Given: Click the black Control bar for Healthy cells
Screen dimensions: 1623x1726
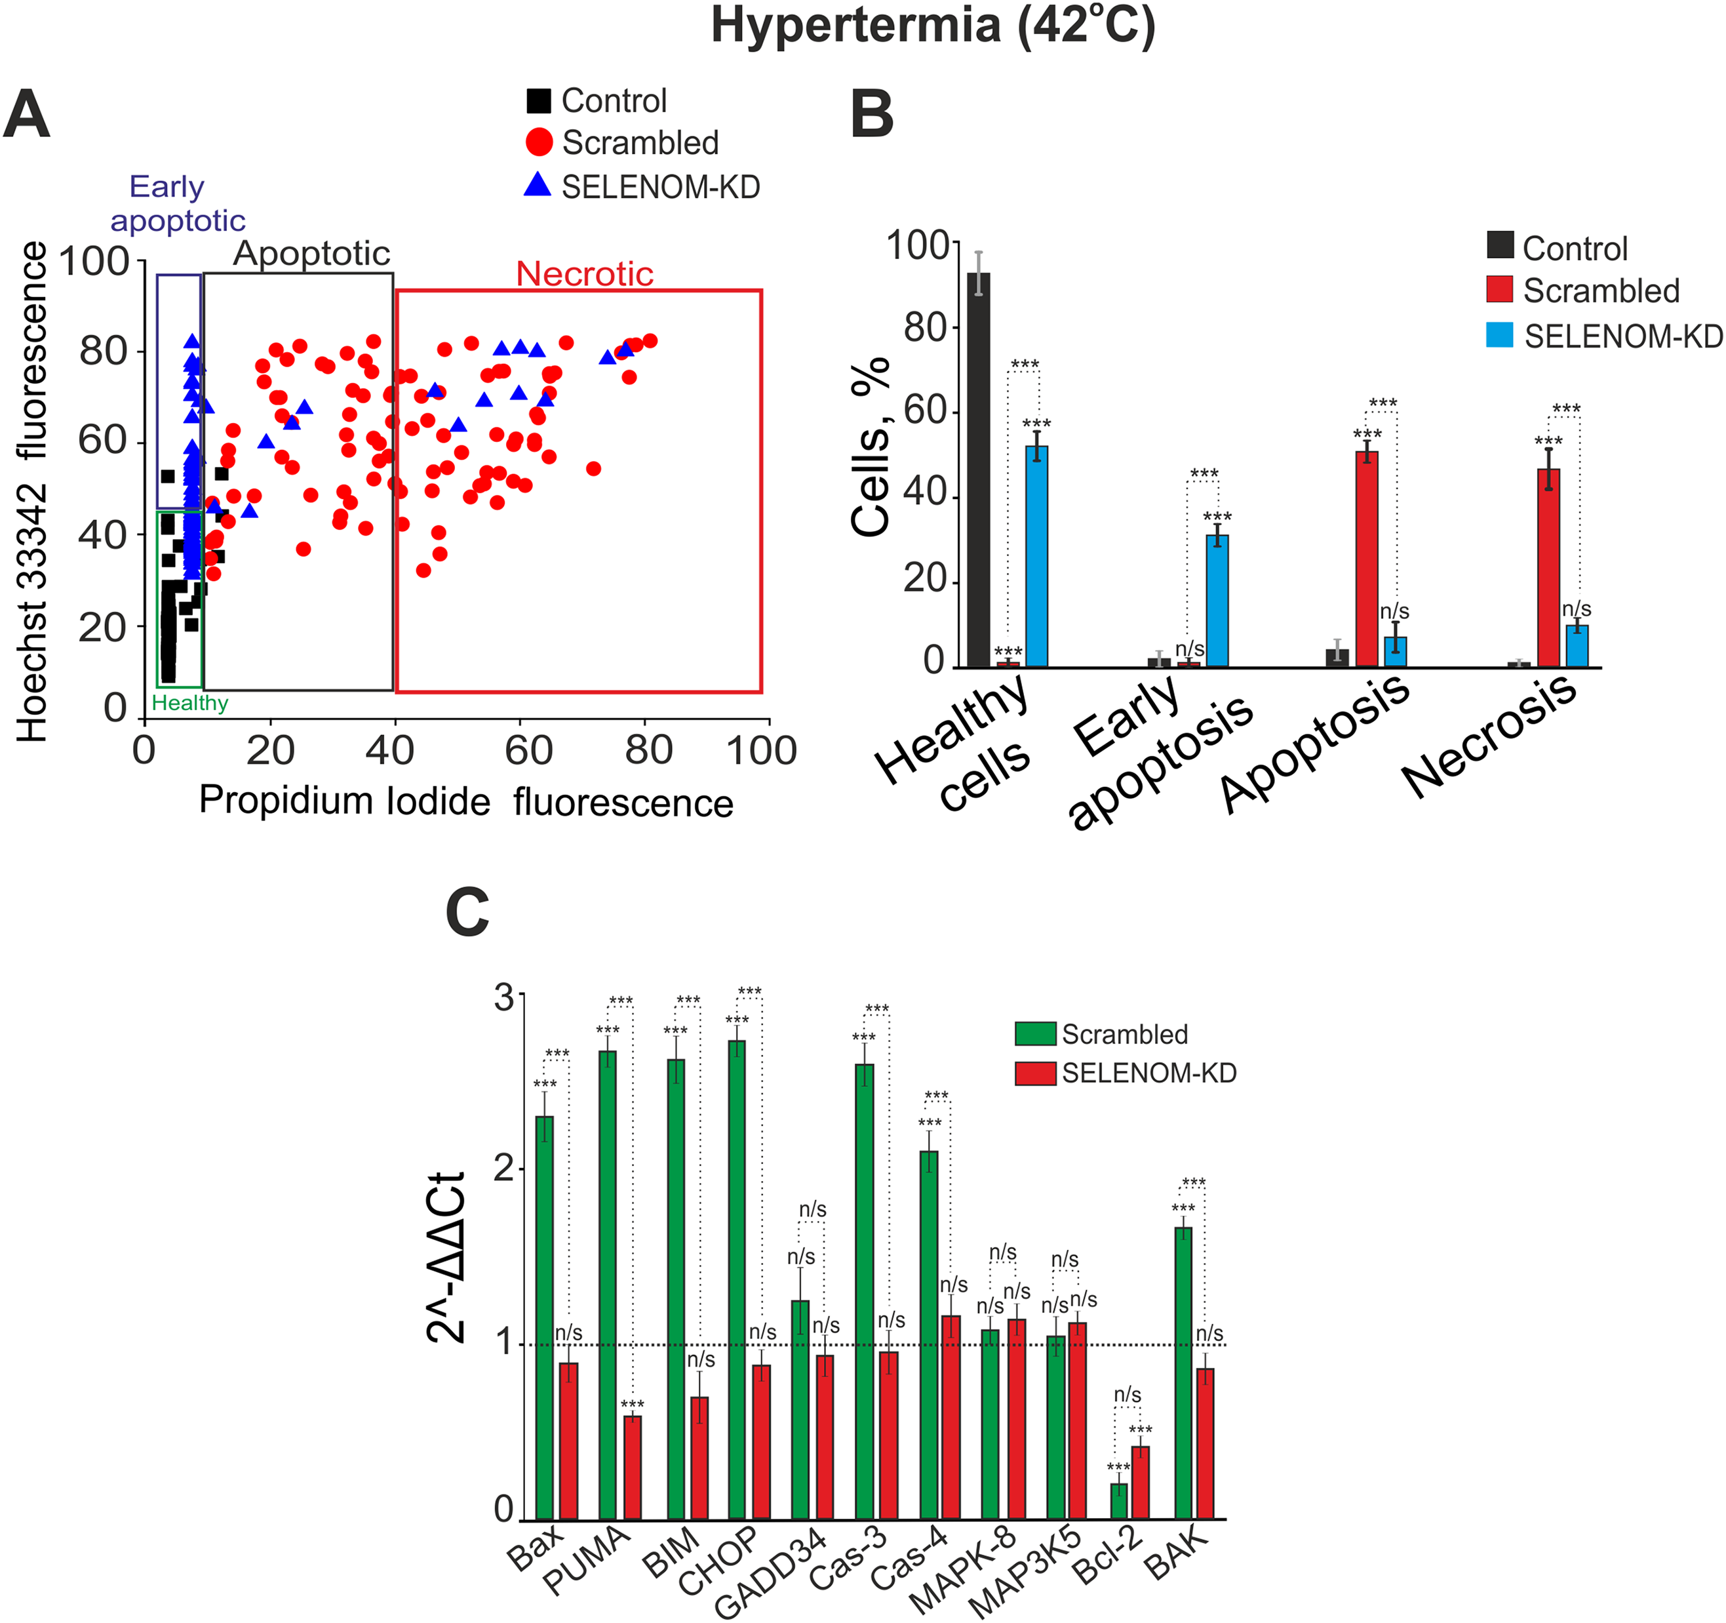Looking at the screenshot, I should click(x=979, y=469).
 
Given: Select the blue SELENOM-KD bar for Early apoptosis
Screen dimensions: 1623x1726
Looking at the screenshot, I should click(x=1217, y=600).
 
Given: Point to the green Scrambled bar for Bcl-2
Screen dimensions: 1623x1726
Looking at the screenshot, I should click(x=1119, y=1502).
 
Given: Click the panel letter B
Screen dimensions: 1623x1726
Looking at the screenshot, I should click(x=872, y=115).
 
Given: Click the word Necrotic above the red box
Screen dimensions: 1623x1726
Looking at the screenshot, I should click(x=584, y=274).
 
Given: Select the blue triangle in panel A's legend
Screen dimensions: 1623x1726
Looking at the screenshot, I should click(x=538, y=185).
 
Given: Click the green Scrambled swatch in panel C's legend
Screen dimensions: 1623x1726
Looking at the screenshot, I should click(x=1035, y=1033).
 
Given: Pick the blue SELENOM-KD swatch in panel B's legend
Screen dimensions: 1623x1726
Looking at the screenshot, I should click(x=1499, y=335).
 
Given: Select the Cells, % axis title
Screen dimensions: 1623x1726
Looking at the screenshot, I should click(x=871, y=447).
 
